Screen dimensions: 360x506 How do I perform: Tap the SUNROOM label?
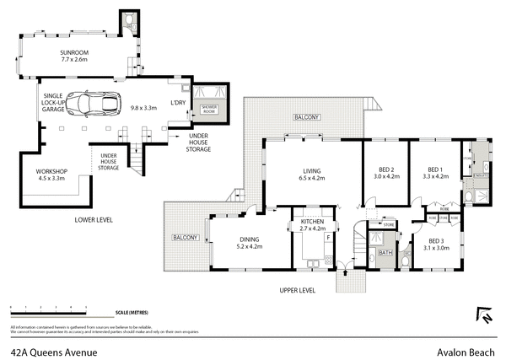point(75,56)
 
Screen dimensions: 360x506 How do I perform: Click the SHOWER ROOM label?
point(208,107)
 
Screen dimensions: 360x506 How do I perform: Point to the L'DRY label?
point(178,103)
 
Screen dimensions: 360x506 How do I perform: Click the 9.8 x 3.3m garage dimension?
point(144,107)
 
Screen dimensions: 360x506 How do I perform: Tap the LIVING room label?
point(311,173)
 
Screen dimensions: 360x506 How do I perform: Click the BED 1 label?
point(433,173)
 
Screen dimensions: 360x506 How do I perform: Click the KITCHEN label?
point(312,224)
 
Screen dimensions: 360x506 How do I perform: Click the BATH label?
point(385,252)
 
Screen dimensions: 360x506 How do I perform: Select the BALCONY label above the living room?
point(304,117)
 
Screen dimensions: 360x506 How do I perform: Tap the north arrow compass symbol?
point(484,314)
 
